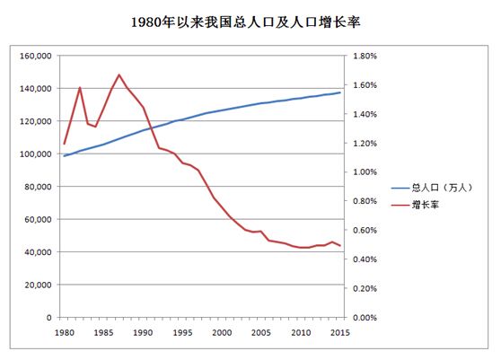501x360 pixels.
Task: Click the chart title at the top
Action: [250, 19]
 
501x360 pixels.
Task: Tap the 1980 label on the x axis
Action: [64, 332]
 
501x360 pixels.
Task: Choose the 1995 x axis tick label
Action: [182, 332]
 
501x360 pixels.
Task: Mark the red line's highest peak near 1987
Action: [119, 75]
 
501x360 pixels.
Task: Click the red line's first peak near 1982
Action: [80, 87]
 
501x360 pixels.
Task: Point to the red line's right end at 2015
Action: [340, 246]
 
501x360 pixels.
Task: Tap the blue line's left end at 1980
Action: [64, 156]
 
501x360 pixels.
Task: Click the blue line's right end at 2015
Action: [340, 92]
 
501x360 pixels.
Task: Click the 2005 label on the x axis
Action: [261, 332]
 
